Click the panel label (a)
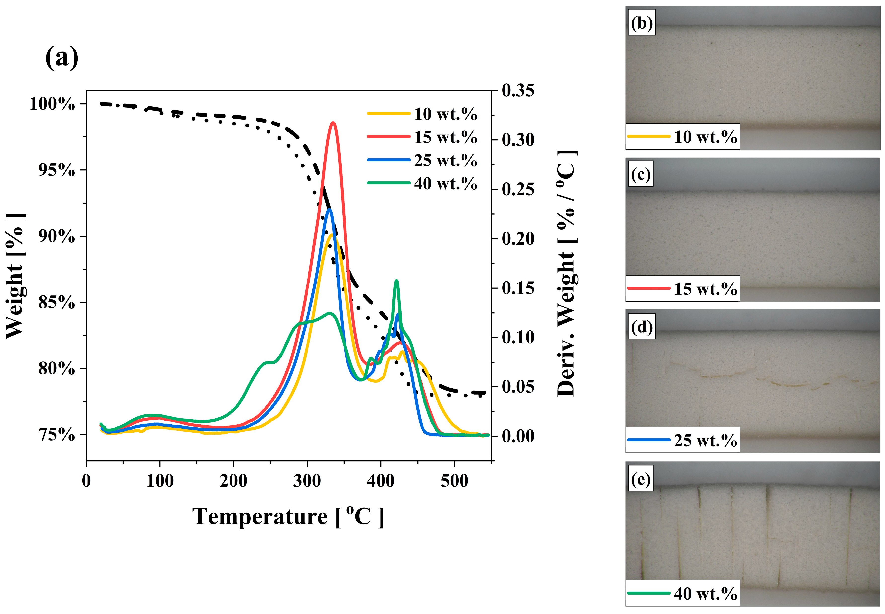tap(62, 58)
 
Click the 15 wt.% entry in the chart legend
tap(445, 137)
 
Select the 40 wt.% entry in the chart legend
tap(445, 184)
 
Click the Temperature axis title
tap(288, 516)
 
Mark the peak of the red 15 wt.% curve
tap(333, 123)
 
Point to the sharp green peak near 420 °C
tap(396, 281)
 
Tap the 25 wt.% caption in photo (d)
tap(705, 440)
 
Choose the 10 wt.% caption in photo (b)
tap(705, 137)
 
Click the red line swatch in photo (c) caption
tap(649, 288)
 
